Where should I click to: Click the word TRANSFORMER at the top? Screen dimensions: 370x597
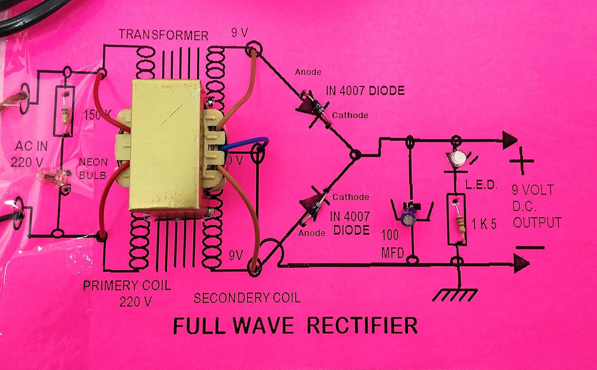164,35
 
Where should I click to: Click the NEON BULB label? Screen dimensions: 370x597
93,168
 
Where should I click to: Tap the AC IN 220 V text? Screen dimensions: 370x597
29,154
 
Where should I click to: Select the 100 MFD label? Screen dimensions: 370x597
392,243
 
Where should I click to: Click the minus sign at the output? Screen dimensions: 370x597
530,247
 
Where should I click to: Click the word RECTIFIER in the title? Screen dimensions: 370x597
362,325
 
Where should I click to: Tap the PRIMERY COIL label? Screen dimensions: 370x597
127,286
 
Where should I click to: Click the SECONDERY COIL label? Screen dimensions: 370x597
247,298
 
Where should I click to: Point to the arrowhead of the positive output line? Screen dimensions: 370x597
509,140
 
